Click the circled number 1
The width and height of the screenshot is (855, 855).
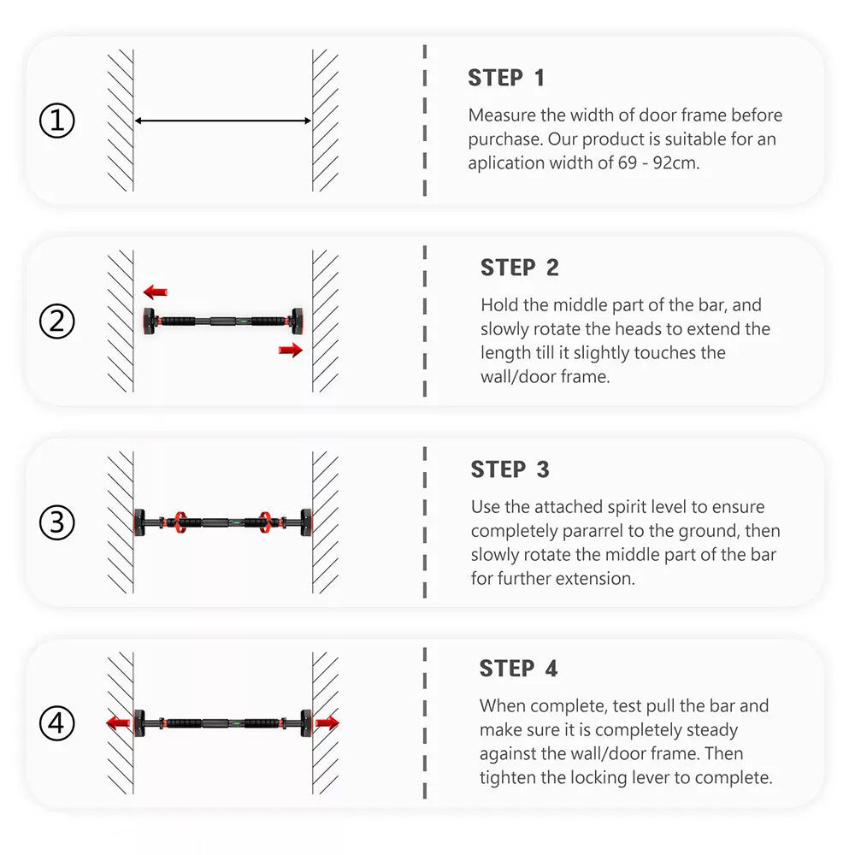click(x=56, y=121)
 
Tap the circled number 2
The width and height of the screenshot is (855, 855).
click(x=56, y=321)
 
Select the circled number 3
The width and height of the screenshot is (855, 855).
click(x=56, y=522)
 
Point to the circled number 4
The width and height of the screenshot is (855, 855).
click(x=56, y=723)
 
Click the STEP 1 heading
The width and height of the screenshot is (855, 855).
click(x=506, y=78)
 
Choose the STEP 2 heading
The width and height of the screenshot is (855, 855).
click(x=519, y=268)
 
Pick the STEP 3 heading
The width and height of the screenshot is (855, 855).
click(x=510, y=469)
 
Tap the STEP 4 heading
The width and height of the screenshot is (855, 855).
click(x=518, y=669)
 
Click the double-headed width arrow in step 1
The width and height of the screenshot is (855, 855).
click(x=223, y=121)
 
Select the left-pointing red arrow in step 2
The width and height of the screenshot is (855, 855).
click(x=156, y=292)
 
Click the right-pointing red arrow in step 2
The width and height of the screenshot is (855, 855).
click(x=291, y=350)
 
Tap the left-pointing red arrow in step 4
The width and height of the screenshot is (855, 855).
click(x=118, y=723)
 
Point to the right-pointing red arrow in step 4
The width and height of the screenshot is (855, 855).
click(x=327, y=723)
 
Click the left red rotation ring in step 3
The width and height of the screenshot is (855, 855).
click(x=180, y=522)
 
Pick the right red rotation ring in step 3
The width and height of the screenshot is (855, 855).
click(x=265, y=522)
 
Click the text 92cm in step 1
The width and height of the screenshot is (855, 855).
click(x=676, y=163)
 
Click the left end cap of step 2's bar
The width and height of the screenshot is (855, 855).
click(x=149, y=321)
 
